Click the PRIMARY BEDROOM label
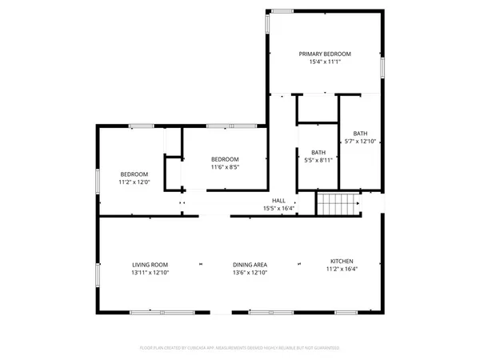[x=325, y=54]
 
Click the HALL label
[x=278, y=201]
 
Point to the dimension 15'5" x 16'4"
[x=278, y=209]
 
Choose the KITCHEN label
[x=342, y=261]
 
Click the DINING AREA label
[x=250, y=265]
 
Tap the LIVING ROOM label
[x=150, y=265]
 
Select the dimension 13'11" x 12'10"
[x=150, y=273]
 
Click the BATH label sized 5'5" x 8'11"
[x=318, y=152]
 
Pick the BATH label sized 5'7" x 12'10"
[x=360, y=134]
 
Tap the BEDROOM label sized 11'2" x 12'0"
[x=134, y=174]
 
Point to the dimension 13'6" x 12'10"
[x=250, y=273]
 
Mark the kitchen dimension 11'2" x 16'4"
[x=342, y=269]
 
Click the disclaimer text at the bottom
[x=240, y=348]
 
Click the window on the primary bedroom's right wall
[x=383, y=67]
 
